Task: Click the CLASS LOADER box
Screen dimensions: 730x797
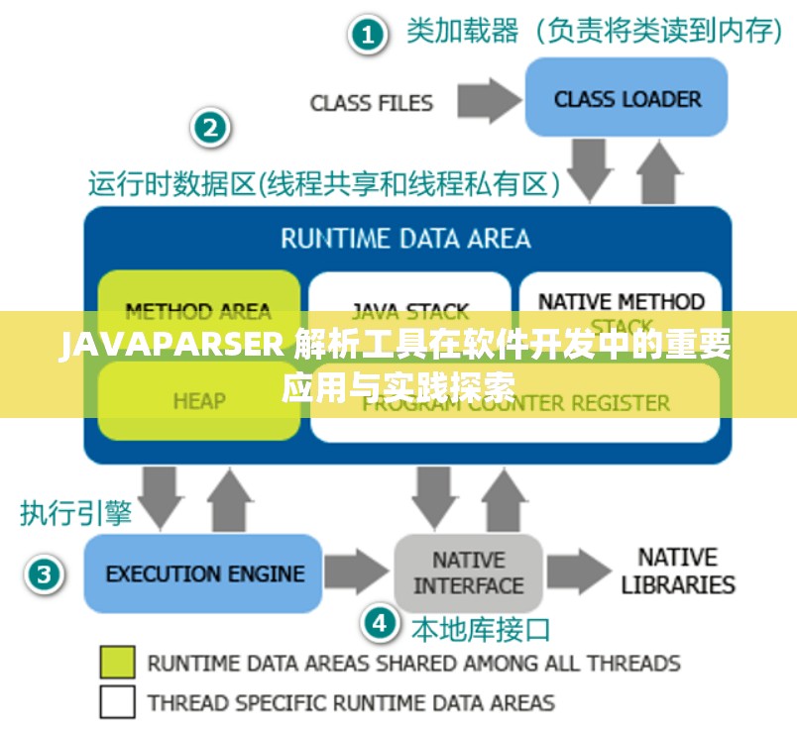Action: [x=626, y=98]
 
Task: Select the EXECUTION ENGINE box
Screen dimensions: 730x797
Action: [x=203, y=574]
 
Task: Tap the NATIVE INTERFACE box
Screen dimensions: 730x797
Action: [x=468, y=574]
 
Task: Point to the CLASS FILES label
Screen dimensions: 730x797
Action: [x=371, y=103]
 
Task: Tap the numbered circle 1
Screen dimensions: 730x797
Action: [x=367, y=37]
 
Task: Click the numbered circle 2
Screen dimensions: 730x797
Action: [x=211, y=128]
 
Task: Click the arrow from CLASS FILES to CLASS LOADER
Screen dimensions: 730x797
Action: [x=488, y=100]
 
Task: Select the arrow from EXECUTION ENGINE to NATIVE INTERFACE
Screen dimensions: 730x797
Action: [x=357, y=574]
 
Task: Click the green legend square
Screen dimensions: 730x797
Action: [x=117, y=662]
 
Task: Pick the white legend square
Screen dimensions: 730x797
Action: [x=117, y=702]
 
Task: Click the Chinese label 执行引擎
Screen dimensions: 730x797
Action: [x=75, y=512]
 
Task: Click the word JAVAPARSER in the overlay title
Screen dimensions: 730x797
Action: [x=171, y=348]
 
